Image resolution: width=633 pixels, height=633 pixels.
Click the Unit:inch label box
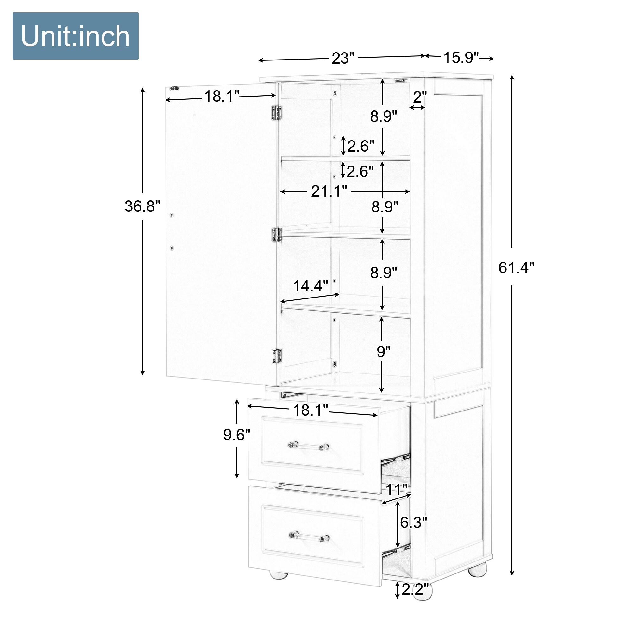tap(75, 36)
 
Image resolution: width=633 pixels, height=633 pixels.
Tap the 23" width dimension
tap(343, 58)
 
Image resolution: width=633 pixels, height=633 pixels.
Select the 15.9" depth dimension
tap(461, 57)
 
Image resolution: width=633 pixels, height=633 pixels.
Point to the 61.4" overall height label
tap(516, 268)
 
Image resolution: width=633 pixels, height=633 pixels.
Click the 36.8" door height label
tap(142, 206)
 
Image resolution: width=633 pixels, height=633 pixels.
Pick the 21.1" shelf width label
tap(329, 191)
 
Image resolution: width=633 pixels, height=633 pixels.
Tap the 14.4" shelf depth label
tap(310, 286)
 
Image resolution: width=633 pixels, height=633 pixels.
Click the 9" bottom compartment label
tap(383, 352)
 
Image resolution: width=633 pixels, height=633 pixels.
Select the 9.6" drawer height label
tap(236, 435)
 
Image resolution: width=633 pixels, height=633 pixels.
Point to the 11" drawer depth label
tap(397, 490)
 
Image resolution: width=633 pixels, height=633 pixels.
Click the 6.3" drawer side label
tap(413, 522)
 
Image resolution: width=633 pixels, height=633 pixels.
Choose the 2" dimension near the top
tap(420, 97)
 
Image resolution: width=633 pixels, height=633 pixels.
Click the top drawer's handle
tap(309, 446)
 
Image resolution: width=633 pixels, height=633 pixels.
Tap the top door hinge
tap(276, 112)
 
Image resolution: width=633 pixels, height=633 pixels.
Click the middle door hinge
tap(277, 235)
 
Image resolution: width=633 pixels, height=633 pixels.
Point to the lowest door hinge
tap(277, 355)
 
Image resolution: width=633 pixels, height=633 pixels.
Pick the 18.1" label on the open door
tap(222, 96)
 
